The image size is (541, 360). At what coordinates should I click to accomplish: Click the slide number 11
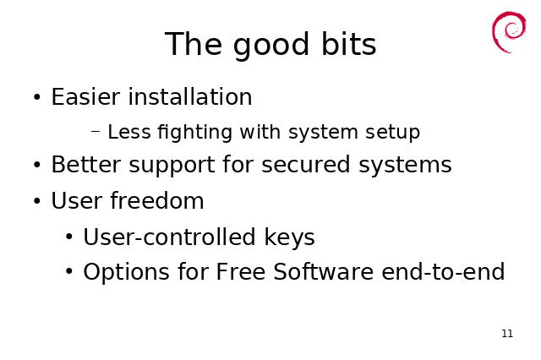click(x=507, y=334)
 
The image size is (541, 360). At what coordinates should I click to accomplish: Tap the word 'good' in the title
click(x=270, y=45)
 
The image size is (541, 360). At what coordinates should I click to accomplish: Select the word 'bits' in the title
click(x=348, y=43)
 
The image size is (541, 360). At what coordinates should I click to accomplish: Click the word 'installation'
click(x=190, y=96)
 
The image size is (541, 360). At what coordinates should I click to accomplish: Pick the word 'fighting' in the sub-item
click(x=194, y=133)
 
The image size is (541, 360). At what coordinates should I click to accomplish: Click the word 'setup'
click(x=392, y=133)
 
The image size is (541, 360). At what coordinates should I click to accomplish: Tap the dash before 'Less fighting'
click(x=96, y=131)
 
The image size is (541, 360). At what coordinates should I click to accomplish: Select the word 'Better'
click(x=86, y=164)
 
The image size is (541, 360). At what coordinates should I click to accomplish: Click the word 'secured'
click(x=306, y=164)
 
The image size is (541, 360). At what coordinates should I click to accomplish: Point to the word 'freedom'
click(x=157, y=200)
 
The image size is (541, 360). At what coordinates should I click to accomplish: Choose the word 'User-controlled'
click(x=169, y=237)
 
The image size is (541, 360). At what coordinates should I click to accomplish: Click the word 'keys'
click(x=289, y=237)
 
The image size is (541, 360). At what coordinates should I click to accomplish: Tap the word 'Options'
click(x=126, y=272)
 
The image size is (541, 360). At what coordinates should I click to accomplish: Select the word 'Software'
click(x=323, y=271)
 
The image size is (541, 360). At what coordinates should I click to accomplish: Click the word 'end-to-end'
click(x=443, y=271)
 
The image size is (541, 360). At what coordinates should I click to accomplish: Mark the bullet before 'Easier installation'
click(x=37, y=97)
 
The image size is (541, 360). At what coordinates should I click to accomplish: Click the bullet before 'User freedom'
click(x=37, y=200)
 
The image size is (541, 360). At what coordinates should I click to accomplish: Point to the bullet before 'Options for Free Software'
click(x=69, y=272)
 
